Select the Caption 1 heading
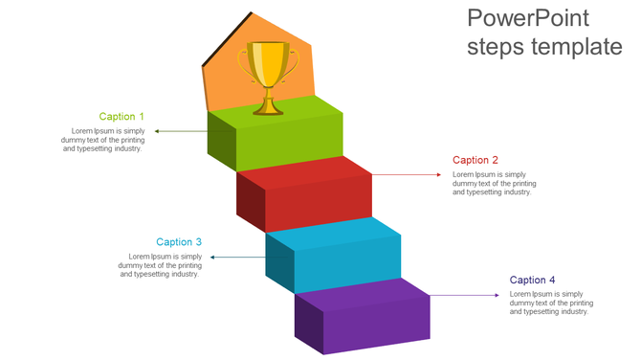coord(122,117)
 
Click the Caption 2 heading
coord(475,161)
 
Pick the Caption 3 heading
coord(179,242)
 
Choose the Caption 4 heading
coord(532,280)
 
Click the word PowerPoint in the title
coord(528,18)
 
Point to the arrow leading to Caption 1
coord(181,130)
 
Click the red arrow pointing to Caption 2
coord(407,175)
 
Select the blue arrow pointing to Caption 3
coord(237,257)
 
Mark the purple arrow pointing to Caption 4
coord(464,295)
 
